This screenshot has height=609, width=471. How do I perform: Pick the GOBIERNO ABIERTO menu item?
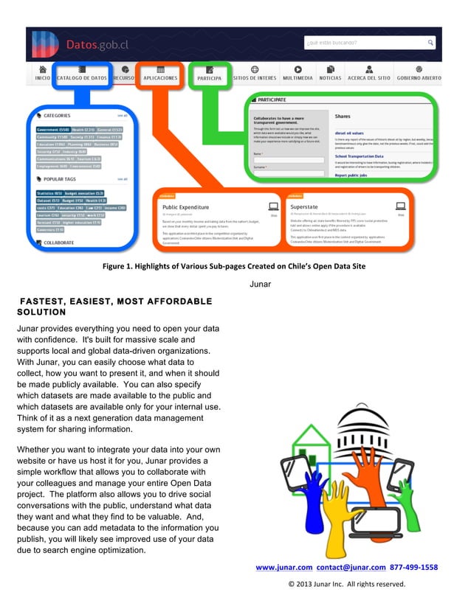click(x=418, y=77)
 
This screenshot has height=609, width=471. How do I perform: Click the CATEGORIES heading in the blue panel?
click(x=57, y=116)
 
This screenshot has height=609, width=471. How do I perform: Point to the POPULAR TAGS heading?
click(x=61, y=179)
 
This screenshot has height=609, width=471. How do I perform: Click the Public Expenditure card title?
click(x=186, y=208)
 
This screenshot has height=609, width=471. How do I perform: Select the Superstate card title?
click(x=305, y=208)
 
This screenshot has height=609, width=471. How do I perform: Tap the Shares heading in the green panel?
click(x=343, y=116)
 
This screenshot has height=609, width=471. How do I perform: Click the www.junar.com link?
click(x=284, y=568)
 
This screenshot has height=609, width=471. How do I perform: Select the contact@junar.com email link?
click(x=351, y=568)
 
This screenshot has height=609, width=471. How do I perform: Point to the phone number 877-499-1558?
click(x=413, y=568)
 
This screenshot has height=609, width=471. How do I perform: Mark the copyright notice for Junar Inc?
click(x=346, y=585)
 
